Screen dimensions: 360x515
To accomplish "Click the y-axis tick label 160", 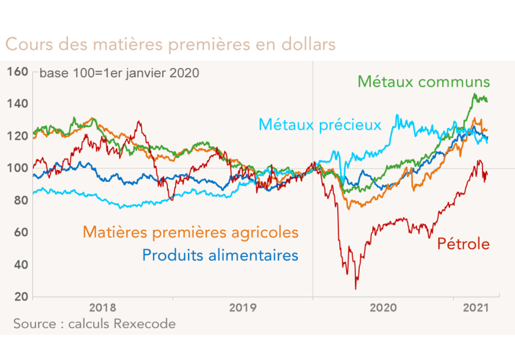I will tap(18, 72).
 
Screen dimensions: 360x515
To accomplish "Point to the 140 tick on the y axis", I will tap(18, 104).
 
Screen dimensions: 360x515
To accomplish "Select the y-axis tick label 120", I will tap(18, 136).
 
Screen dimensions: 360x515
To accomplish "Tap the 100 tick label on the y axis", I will tap(18, 168).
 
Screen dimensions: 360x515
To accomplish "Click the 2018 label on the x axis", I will tap(103, 308).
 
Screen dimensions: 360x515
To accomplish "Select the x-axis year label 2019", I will tap(243, 308).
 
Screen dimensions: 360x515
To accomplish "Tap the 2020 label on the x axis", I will tap(384, 308).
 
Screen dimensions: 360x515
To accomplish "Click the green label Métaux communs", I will tap(424, 82).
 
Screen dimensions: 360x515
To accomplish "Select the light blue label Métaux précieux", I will tap(319, 125).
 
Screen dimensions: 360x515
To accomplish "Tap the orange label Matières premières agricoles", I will tap(190, 231).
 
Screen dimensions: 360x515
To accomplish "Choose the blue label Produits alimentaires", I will tap(220, 255).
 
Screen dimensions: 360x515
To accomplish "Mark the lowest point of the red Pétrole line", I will tap(355, 289).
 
